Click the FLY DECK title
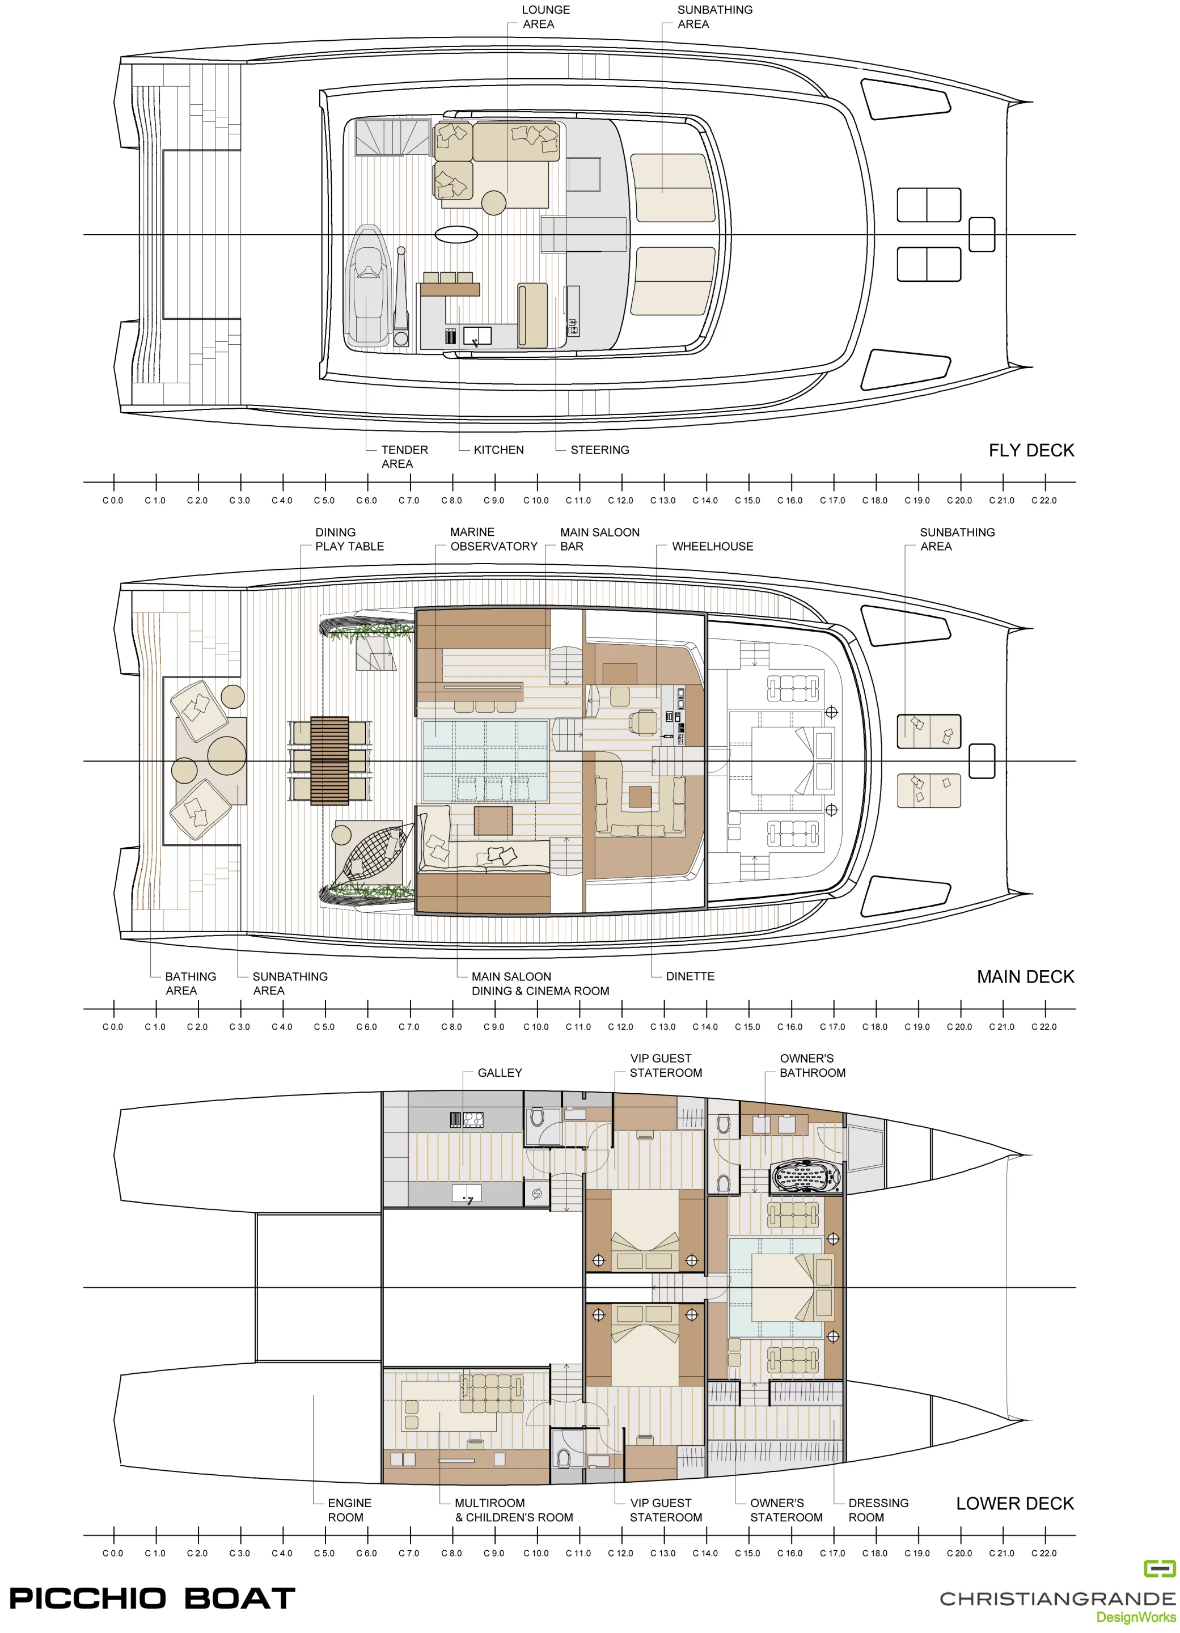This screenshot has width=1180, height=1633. pyautogui.click(x=1030, y=451)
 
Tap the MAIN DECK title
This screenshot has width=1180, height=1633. pyautogui.click(x=1025, y=977)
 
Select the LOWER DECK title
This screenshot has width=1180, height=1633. pyautogui.click(x=1014, y=1503)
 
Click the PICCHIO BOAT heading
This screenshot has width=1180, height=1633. pyautogui.click(x=152, y=1598)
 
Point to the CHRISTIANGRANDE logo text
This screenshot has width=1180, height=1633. pyautogui.click(x=1056, y=1599)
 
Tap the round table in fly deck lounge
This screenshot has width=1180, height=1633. pyautogui.click(x=493, y=202)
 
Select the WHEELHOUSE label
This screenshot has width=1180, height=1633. pyautogui.click(x=712, y=547)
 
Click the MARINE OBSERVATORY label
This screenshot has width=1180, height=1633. pyautogui.click(x=493, y=539)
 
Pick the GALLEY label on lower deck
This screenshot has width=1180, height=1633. pyautogui.click(x=499, y=1073)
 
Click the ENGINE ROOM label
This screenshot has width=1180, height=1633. pyautogui.click(x=349, y=1510)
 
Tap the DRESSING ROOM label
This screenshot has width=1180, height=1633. pyautogui.click(x=878, y=1510)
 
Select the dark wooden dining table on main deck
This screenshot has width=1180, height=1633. pyautogui.click(x=330, y=760)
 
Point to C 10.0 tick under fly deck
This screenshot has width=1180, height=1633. pyautogui.click(x=536, y=483)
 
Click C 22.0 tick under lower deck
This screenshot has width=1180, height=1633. pyautogui.click(x=1044, y=1536)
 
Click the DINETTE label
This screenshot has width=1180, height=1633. pyautogui.click(x=690, y=976)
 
